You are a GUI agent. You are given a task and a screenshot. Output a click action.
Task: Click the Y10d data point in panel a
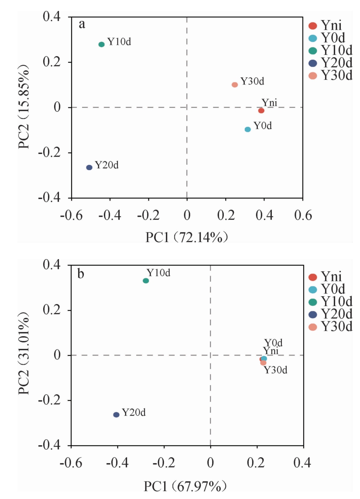point(102,44)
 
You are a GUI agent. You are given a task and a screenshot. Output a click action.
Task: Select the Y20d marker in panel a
point(89,167)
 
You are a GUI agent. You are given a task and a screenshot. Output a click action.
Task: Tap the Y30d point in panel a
point(235,85)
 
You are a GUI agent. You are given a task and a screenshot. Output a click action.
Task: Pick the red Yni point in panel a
point(261,111)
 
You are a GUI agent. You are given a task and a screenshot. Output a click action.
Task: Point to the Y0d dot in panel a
point(248,130)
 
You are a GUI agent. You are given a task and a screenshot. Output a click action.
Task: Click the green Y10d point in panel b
point(146,280)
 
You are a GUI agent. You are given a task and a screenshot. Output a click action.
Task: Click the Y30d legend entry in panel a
point(332,75)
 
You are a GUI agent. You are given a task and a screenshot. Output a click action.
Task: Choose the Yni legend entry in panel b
point(332,276)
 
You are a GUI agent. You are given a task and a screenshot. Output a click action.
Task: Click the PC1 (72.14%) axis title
point(188,236)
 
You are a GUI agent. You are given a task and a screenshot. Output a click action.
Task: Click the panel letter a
point(82,24)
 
